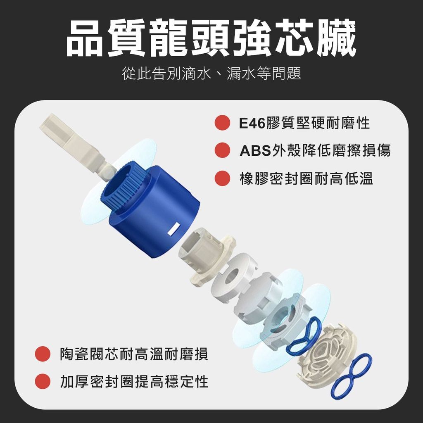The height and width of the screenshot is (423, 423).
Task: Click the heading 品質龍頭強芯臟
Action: tap(211, 38)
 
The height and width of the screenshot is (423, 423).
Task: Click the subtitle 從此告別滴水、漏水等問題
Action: tap(211, 74)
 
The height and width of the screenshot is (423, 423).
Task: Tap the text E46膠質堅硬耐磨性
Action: tap(304, 123)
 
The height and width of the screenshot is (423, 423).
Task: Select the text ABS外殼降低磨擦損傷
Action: tap(315, 150)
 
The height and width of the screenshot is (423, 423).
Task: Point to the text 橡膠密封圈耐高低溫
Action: tap(307, 178)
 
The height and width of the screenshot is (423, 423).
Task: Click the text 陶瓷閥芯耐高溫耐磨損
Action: tap(134, 354)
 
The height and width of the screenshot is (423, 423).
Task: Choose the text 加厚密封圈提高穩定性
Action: tap(134, 381)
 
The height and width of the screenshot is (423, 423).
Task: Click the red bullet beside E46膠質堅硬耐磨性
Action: tap(222, 123)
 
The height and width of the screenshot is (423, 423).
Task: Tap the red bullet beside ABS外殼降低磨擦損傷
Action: tap(222, 150)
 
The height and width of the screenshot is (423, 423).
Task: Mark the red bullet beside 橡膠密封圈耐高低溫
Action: tap(222, 178)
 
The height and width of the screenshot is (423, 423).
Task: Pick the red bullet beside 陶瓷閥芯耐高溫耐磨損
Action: tap(43, 354)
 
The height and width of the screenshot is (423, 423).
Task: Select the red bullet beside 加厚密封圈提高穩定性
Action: tap(43, 381)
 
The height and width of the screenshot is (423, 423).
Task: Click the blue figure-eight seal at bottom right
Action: tap(351, 376)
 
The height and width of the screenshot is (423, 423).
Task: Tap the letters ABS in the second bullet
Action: tap(255, 151)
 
